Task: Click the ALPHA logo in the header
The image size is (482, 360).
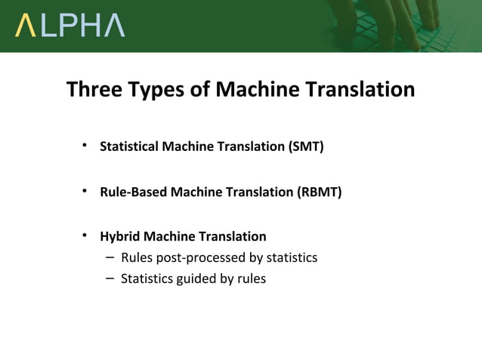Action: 70,26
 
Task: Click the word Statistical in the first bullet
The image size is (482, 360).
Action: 128,146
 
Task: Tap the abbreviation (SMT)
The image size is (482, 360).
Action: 305,146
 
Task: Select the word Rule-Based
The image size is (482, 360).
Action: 134,192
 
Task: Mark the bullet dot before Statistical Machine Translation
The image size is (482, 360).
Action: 86,146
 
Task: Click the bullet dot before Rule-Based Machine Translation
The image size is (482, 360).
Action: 86,191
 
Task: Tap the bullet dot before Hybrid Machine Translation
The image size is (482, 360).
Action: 86,235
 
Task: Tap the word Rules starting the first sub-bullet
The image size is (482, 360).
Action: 137,257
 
